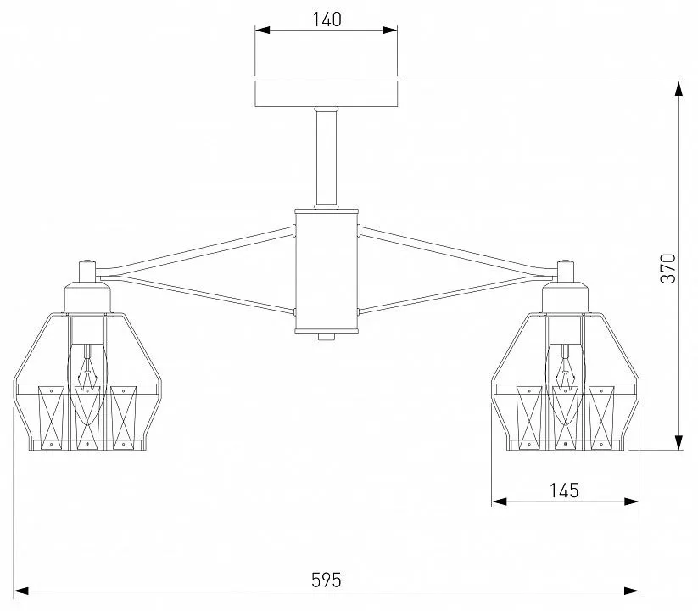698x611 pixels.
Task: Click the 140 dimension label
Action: (327, 20)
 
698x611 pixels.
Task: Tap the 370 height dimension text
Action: (668, 268)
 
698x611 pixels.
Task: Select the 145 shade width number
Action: (564, 490)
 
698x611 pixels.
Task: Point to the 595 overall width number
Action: (327, 580)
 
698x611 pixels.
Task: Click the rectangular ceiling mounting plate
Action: (327, 93)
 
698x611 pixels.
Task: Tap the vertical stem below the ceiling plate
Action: (327, 158)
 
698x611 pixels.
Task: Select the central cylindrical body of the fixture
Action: (327, 271)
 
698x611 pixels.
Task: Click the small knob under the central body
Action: (327, 337)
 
